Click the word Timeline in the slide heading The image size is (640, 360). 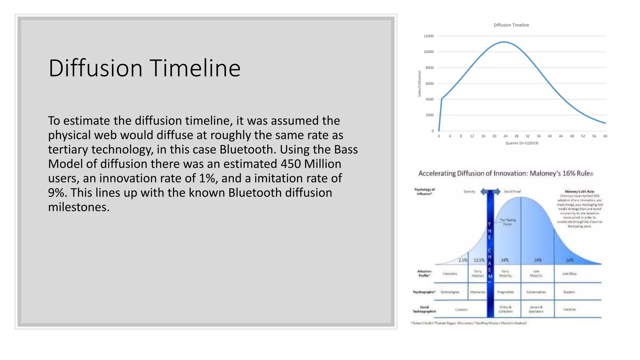pyautogui.click(x=195, y=68)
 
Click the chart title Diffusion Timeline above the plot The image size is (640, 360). pyautogui.click(x=511, y=25)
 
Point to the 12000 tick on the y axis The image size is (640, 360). pyautogui.click(x=428, y=36)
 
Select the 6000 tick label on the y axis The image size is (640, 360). pyautogui.click(x=429, y=84)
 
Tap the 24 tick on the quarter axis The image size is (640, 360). pyautogui.click(x=505, y=136)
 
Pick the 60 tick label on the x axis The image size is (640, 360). pyautogui.click(x=605, y=136)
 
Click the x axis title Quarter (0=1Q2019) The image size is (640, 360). pyautogui.click(x=522, y=143)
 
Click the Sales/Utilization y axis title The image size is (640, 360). pyautogui.click(x=419, y=83)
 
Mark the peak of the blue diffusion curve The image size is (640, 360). pyautogui.click(x=504, y=42)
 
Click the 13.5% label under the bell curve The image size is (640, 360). pyautogui.click(x=479, y=260)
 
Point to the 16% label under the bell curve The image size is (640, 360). pyautogui.click(x=569, y=260)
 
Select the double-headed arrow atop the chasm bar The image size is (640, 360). pyautogui.click(x=490, y=192)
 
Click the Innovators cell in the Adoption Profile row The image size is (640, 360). pyautogui.click(x=450, y=274)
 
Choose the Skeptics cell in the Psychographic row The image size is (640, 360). pyautogui.click(x=569, y=292)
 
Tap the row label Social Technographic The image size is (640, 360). pyautogui.click(x=424, y=309)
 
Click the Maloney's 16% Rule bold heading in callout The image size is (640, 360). pyautogui.click(x=579, y=192)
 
